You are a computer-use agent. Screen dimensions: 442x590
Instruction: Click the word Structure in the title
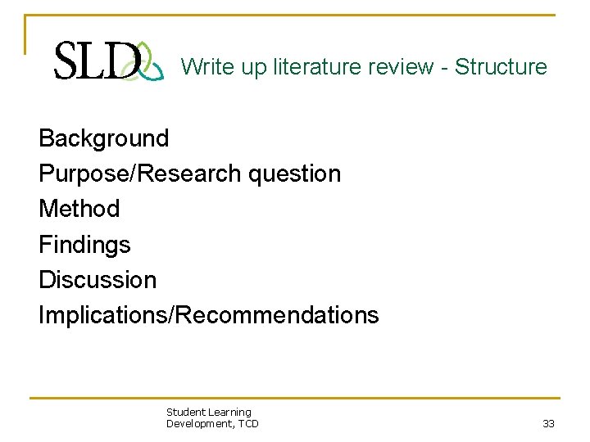(501, 66)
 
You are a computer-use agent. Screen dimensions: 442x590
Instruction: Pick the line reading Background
(104, 138)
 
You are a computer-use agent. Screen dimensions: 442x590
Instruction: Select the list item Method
(79, 209)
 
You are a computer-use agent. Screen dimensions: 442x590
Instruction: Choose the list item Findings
(84, 244)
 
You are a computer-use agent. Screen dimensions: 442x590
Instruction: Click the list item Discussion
(98, 279)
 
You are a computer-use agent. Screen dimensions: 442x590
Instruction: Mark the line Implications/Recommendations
(209, 315)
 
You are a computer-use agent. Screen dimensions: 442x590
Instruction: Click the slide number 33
(548, 424)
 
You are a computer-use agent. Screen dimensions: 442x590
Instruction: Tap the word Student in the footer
(184, 413)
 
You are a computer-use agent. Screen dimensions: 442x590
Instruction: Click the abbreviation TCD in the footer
(248, 423)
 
